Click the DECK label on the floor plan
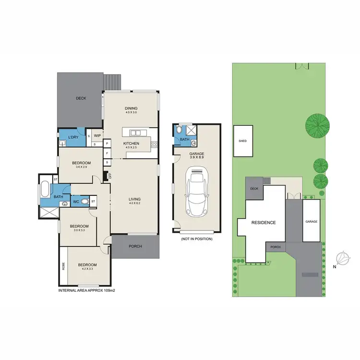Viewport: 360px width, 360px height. pyautogui.click(x=81, y=98)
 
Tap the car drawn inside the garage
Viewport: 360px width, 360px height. pyautogui.click(x=196, y=191)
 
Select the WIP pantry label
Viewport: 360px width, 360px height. pyautogui.click(x=97, y=136)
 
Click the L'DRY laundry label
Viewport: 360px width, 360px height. pyautogui.click(x=73, y=138)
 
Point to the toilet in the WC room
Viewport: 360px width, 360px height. pyautogui.click(x=84, y=202)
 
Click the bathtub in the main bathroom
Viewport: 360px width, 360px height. pyautogui.click(x=45, y=188)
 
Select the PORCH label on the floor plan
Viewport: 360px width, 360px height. pyautogui.click(x=135, y=247)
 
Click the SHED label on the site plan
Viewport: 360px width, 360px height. pyautogui.click(x=242, y=141)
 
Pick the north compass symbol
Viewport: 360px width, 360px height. pyautogui.click(x=343, y=258)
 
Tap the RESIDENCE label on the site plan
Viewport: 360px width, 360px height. pyautogui.click(x=264, y=223)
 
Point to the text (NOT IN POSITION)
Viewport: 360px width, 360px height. pyautogui.click(x=196, y=239)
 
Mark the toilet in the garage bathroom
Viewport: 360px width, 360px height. pyautogui.click(x=179, y=129)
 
